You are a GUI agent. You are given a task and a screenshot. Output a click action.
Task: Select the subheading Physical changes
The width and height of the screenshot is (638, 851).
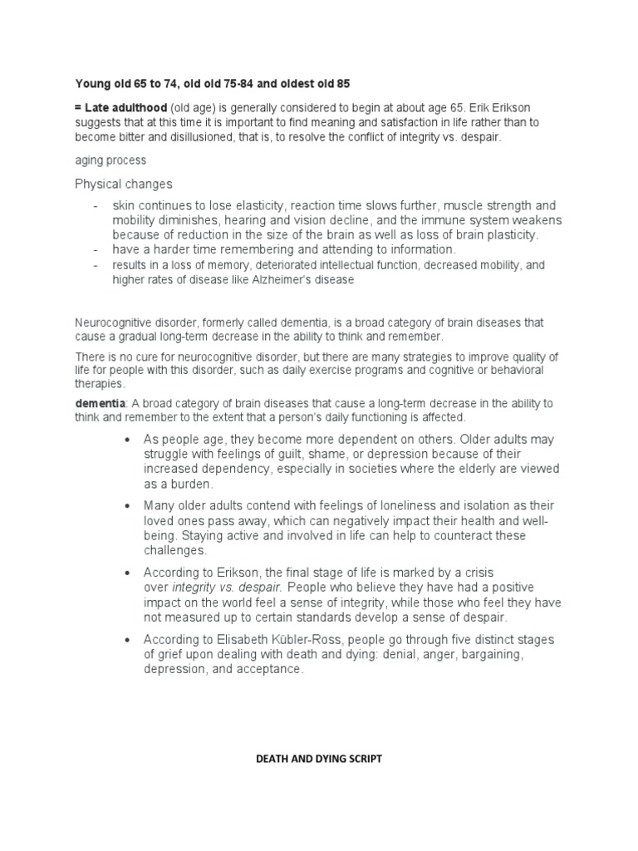pos(124,184)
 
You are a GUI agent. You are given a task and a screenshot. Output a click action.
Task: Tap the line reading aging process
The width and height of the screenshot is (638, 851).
pos(110,160)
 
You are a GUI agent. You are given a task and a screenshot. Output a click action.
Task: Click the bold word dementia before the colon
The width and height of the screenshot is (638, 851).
pos(98,403)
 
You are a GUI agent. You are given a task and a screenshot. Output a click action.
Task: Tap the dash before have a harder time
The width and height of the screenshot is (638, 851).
pos(96,249)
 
